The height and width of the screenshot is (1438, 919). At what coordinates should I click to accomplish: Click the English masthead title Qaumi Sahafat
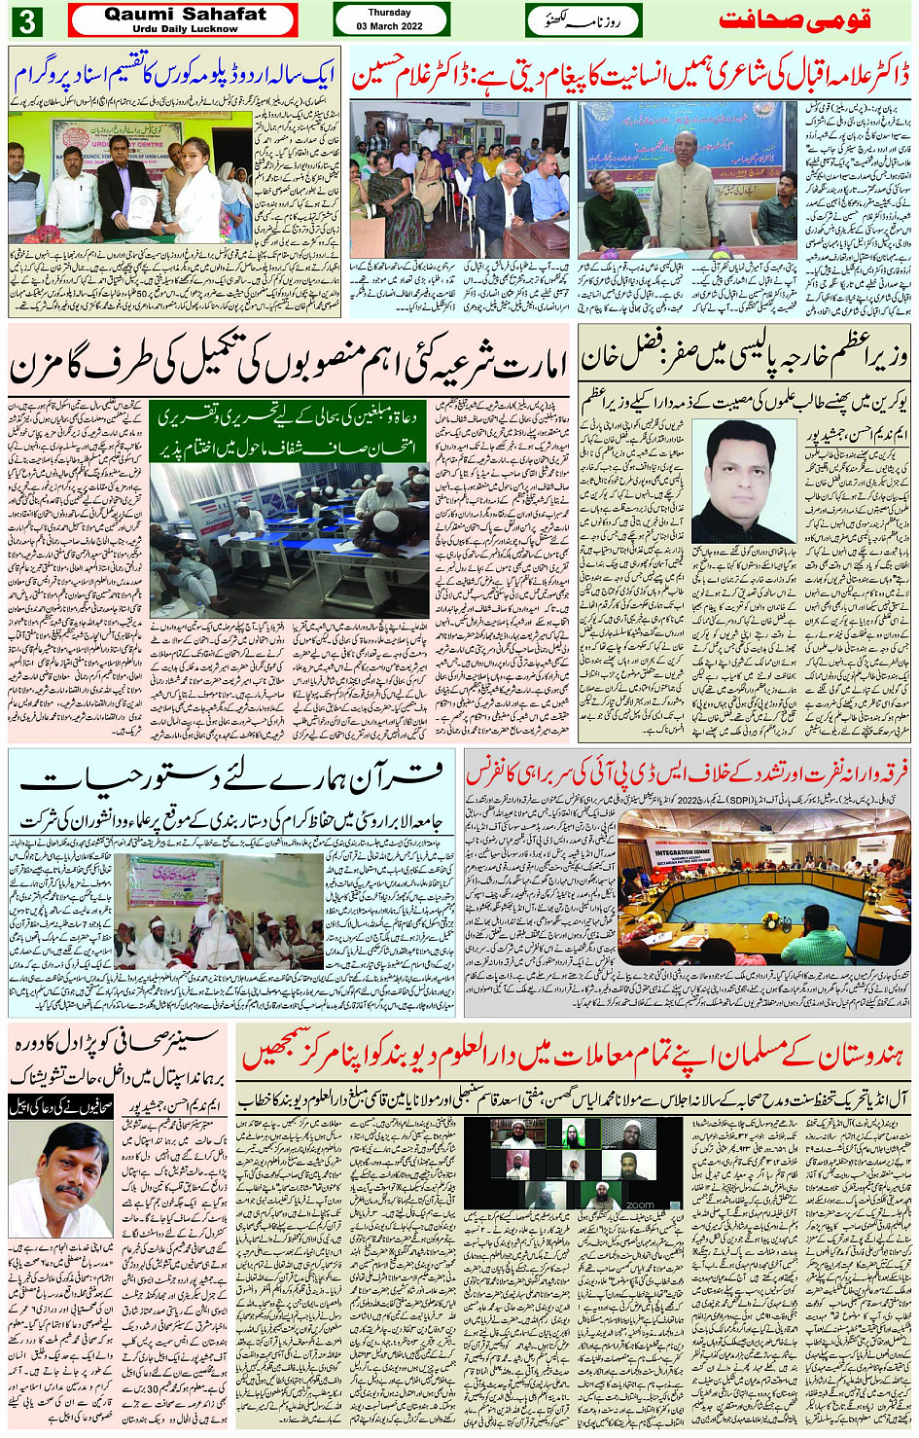coord(185,15)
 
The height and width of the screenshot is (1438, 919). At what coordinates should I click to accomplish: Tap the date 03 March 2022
coord(389,26)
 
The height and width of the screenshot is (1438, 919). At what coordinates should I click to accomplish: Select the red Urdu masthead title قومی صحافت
coord(794,20)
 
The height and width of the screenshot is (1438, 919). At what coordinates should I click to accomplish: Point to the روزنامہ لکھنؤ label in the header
coord(583,20)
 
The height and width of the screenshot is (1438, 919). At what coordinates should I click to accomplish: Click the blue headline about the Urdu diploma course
coord(175,76)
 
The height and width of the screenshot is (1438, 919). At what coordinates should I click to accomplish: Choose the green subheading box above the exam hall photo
coord(289,431)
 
